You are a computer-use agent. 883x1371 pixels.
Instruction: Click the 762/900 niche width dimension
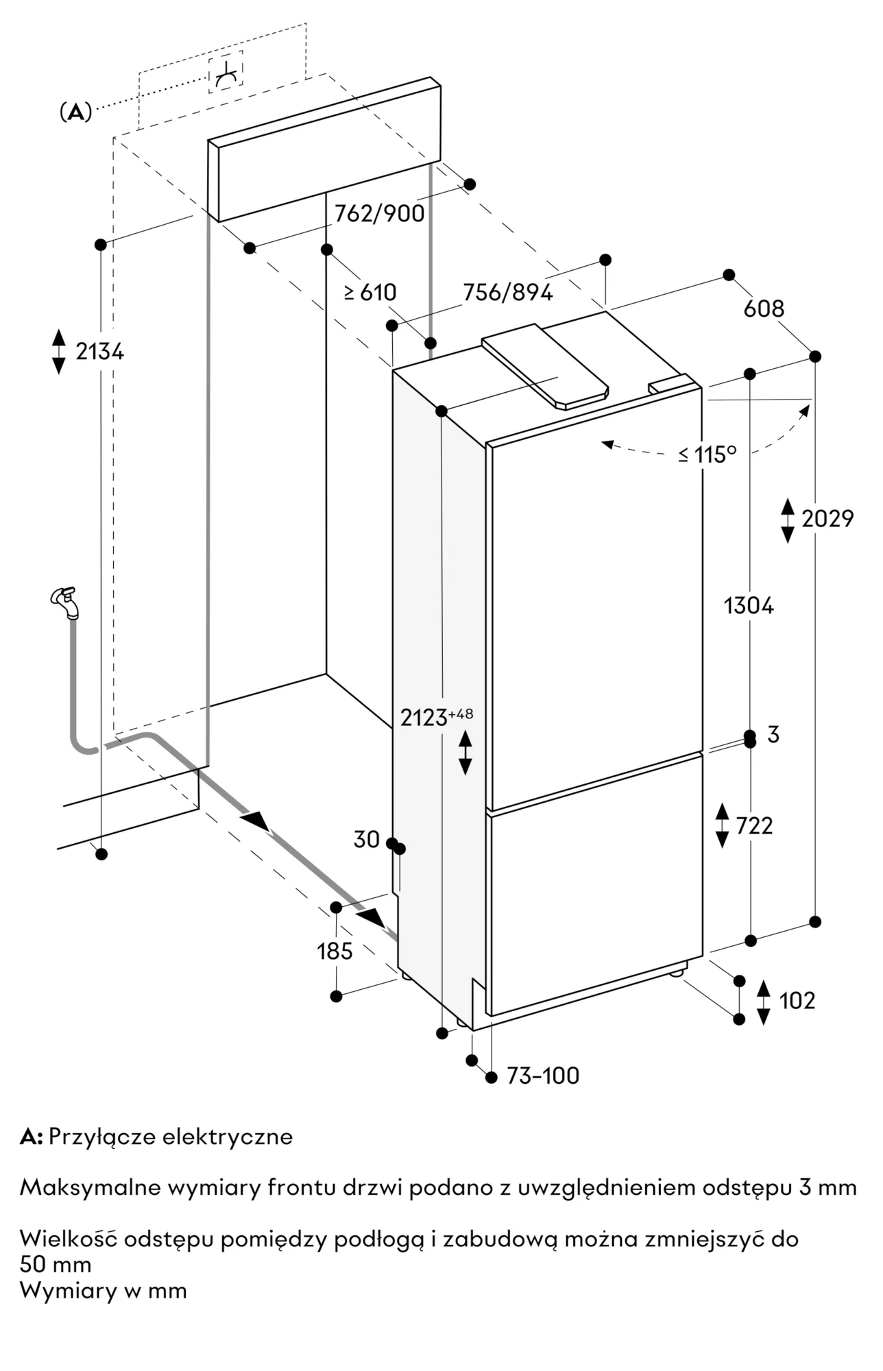coord(379,214)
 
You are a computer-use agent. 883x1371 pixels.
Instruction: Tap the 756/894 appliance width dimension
coord(507,293)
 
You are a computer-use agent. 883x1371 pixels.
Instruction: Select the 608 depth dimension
coord(764,309)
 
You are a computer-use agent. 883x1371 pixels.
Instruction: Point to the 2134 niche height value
coord(99,352)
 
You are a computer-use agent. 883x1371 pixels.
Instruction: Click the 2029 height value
coord(827,519)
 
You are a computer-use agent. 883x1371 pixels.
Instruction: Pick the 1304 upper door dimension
coord(749,606)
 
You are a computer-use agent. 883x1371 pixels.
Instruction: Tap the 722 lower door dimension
coord(753,826)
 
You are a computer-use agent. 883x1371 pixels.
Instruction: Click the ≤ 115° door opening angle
coord(707,454)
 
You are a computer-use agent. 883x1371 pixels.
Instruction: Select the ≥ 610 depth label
coord(370,293)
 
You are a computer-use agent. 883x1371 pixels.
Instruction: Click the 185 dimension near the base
coord(335,951)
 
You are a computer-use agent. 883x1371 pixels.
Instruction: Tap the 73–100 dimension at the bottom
coord(542,1076)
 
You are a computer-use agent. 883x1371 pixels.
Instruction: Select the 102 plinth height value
coord(797,1001)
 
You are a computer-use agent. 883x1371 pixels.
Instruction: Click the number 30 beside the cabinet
coord(367,839)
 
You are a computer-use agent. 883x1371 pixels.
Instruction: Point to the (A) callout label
coord(75,112)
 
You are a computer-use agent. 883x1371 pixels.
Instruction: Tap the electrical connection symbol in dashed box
coord(226,73)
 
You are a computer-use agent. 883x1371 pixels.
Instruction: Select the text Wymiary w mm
coord(104,1291)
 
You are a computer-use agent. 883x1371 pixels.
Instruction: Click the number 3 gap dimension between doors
coord(773,735)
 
